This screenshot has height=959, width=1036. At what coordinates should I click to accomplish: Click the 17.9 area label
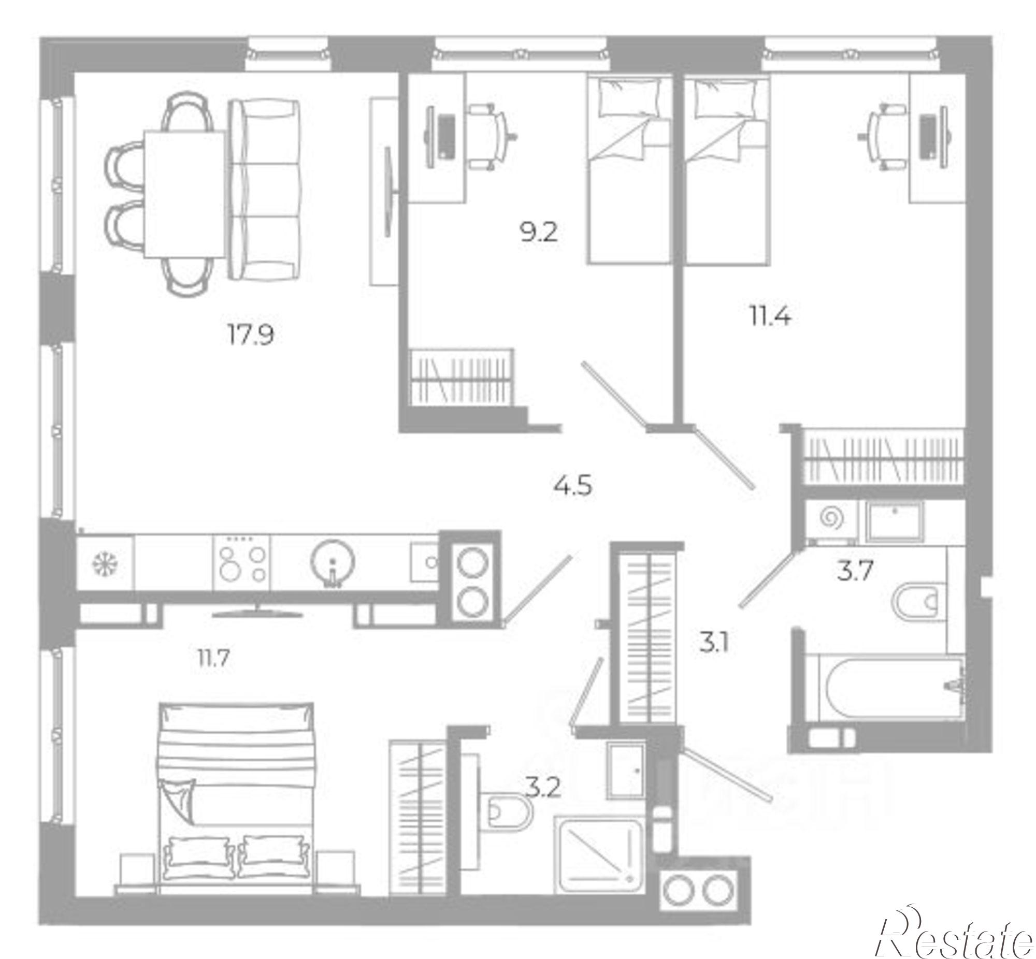pos(251,335)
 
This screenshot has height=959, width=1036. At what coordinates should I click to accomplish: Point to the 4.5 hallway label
pos(572,486)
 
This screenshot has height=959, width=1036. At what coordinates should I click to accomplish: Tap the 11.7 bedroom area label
pos(213,659)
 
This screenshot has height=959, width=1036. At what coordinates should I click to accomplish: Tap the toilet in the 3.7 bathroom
pos(919,602)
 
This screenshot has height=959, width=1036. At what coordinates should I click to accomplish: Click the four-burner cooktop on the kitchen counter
pos(242,562)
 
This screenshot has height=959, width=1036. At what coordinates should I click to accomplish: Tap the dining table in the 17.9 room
pos(185,194)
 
